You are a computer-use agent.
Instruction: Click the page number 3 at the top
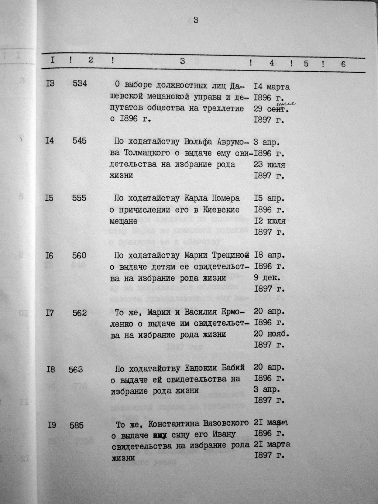(196, 20)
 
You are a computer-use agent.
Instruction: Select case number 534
(80, 83)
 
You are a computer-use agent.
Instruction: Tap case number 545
(80, 141)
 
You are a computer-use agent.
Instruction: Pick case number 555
(79, 198)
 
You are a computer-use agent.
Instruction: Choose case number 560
(79, 255)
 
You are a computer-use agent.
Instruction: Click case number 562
(79, 313)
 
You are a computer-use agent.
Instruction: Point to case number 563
(76, 369)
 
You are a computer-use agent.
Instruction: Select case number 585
(77, 425)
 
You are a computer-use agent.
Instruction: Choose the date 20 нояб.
(271, 334)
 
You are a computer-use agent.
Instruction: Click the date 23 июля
(269, 165)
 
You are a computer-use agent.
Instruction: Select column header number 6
(343, 64)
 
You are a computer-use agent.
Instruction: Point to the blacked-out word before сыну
(160, 435)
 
